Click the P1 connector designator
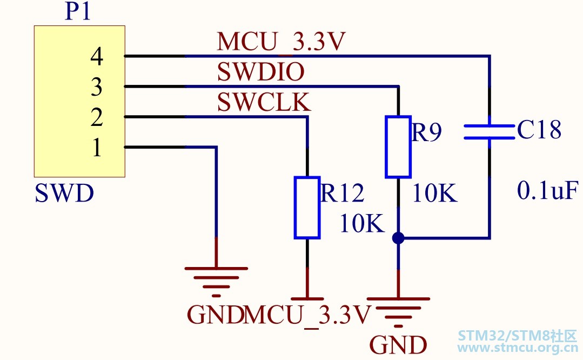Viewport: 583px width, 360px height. click(78, 11)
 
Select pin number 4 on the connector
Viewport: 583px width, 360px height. click(97, 56)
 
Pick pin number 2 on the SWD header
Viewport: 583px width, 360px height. click(97, 117)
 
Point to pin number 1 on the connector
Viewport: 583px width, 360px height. click(97, 147)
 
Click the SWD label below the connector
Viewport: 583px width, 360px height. click(64, 194)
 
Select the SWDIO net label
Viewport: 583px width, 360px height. click(260, 72)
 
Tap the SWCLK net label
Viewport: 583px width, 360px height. click(264, 102)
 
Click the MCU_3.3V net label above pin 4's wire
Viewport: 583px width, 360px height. click(281, 41)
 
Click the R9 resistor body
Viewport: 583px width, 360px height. click(398, 147)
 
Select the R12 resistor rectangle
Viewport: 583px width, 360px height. click(307, 207)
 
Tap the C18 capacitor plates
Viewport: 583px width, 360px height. click(490, 132)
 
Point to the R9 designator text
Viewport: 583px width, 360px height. click(427, 132)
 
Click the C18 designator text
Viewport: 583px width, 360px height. click(539, 130)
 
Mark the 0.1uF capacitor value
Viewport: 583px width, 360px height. click(548, 190)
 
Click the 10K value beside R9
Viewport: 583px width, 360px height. click(434, 193)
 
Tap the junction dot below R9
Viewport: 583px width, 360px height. click(398, 238)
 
